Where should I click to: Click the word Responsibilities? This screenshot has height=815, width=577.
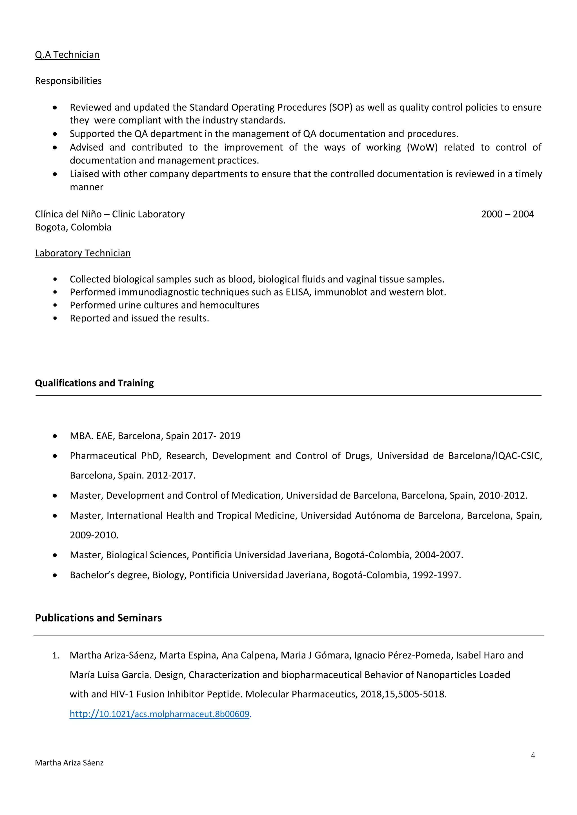pyautogui.click(x=68, y=81)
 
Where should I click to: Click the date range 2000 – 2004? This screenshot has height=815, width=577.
pyautogui.click(x=507, y=214)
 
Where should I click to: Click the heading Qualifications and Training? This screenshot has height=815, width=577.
pyautogui.click(x=94, y=383)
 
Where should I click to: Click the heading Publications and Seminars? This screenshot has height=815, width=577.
pyautogui.click(x=98, y=618)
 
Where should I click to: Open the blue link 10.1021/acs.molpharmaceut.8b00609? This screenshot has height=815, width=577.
pyautogui.click(x=160, y=714)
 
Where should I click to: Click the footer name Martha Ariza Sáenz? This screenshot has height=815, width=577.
pyautogui.click(x=69, y=763)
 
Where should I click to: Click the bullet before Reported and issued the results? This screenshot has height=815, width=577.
pyautogui.click(x=55, y=318)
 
